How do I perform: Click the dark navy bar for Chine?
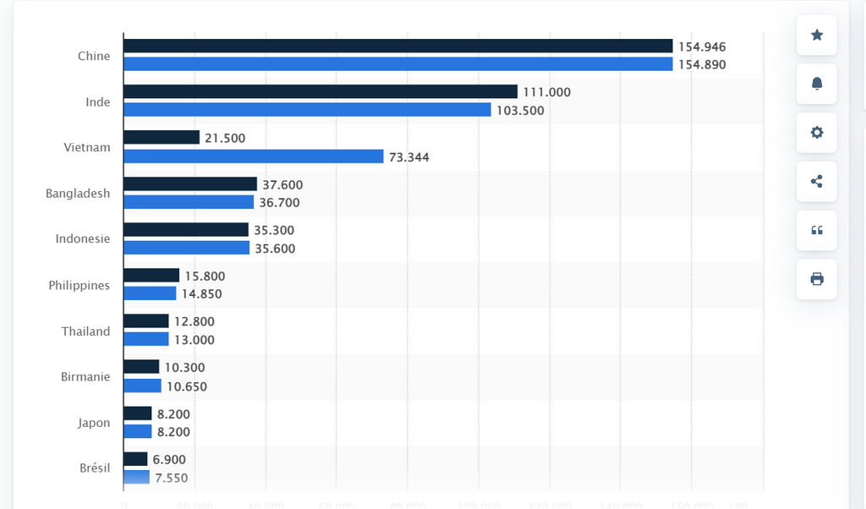(x=397, y=47)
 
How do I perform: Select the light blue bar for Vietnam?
(x=254, y=156)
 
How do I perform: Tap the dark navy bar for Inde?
(x=320, y=92)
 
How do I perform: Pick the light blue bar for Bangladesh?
(x=189, y=202)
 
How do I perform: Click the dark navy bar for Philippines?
(x=151, y=276)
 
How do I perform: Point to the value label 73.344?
(x=408, y=157)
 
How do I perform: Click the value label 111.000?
(x=546, y=92)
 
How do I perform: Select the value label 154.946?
(x=702, y=47)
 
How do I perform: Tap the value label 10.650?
(x=187, y=386)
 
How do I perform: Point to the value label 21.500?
(x=225, y=138)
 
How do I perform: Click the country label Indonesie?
(x=83, y=239)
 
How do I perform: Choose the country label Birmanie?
(x=85, y=376)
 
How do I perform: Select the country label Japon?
(x=94, y=423)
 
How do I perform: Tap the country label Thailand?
(x=85, y=331)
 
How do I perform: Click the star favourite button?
(x=817, y=35)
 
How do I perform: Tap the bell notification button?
(x=817, y=84)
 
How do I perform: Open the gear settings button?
(x=817, y=133)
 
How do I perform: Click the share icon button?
(x=817, y=181)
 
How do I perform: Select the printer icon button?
(x=817, y=279)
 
